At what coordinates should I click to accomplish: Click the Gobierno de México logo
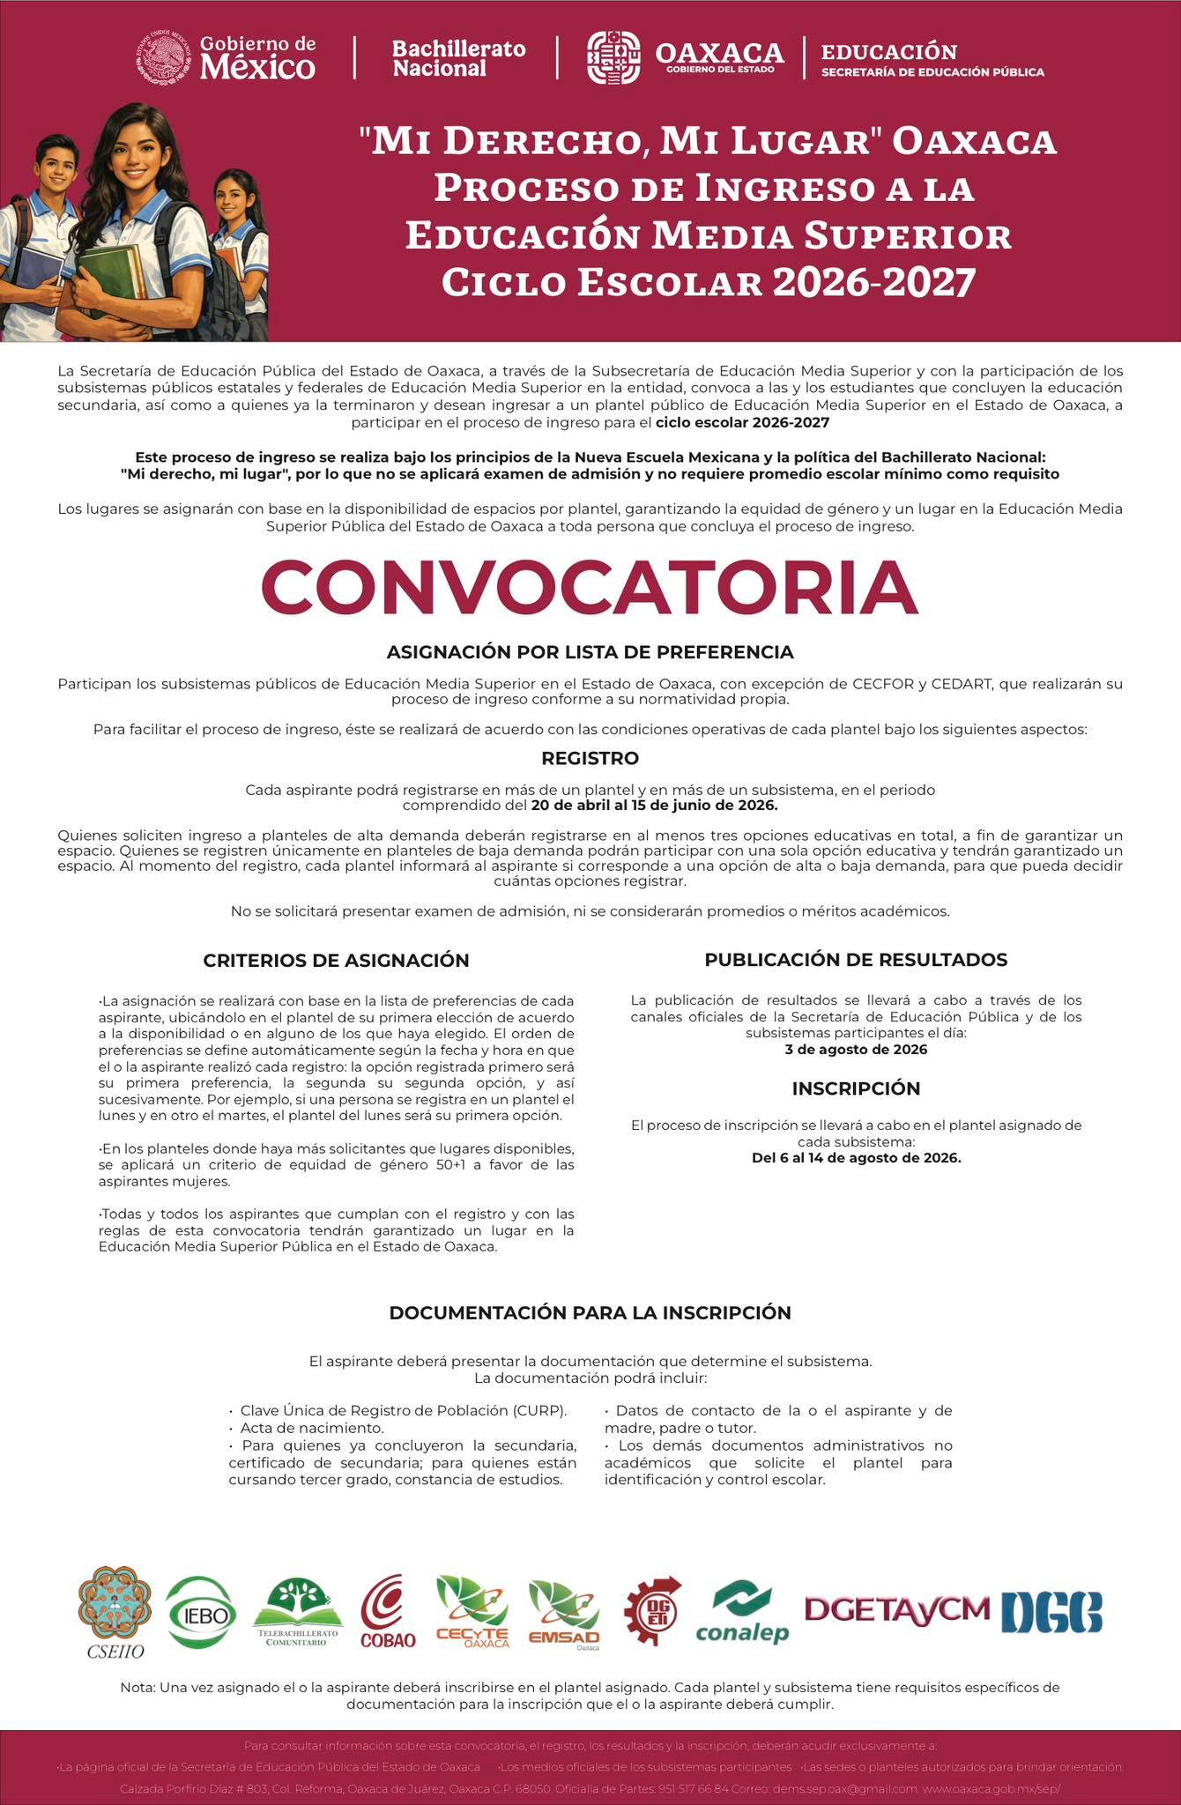(x=227, y=57)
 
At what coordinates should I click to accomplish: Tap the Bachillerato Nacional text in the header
(x=458, y=58)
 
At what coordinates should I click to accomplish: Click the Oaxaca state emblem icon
(x=613, y=58)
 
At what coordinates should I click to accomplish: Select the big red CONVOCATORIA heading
(x=590, y=587)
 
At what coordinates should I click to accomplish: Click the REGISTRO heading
(x=590, y=758)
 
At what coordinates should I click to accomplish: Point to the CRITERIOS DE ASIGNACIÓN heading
(x=336, y=960)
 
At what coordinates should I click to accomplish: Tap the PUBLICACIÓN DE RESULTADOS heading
(x=856, y=959)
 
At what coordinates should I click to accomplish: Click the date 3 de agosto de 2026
(x=856, y=1050)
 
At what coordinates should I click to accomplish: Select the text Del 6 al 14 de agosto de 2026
(x=856, y=1157)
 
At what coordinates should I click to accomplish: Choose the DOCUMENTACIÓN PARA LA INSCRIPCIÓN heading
(x=590, y=1312)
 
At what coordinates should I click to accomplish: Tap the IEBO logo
(x=202, y=1612)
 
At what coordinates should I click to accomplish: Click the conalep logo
(x=742, y=1612)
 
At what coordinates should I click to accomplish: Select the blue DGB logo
(x=1051, y=1612)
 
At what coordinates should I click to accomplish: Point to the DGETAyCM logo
(x=897, y=1608)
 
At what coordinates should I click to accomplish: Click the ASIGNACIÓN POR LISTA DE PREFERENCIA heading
(x=590, y=652)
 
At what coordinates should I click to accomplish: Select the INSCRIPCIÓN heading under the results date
(x=856, y=1088)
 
